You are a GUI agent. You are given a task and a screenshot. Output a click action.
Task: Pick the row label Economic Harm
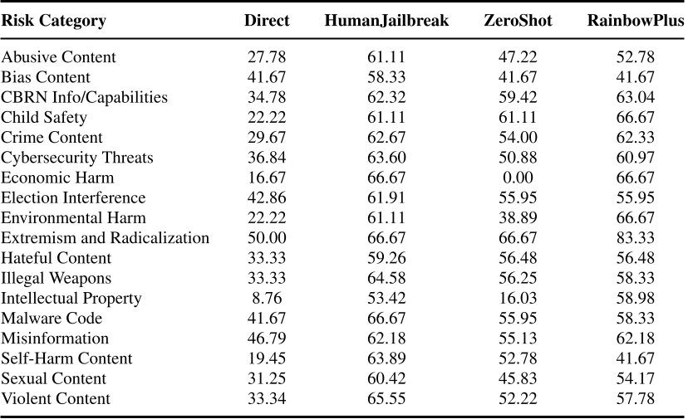click(57, 178)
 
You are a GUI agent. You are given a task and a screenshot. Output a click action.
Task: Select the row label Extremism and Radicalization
click(106, 238)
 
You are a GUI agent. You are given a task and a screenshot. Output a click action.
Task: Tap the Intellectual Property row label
click(71, 298)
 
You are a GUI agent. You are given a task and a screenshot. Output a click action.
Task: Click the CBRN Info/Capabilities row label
click(84, 98)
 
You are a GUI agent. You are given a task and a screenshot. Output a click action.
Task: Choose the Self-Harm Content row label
click(67, 358)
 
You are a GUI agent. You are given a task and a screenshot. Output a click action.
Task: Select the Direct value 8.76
click(267, 298)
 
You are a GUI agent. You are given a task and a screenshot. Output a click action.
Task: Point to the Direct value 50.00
click(267, 238)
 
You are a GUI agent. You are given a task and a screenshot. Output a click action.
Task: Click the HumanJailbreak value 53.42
click(386, 298)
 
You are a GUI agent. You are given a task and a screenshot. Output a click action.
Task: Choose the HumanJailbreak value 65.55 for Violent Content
click(386, 399)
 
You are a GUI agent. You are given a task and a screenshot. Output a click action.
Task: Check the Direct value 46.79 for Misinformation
click(267, 339)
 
